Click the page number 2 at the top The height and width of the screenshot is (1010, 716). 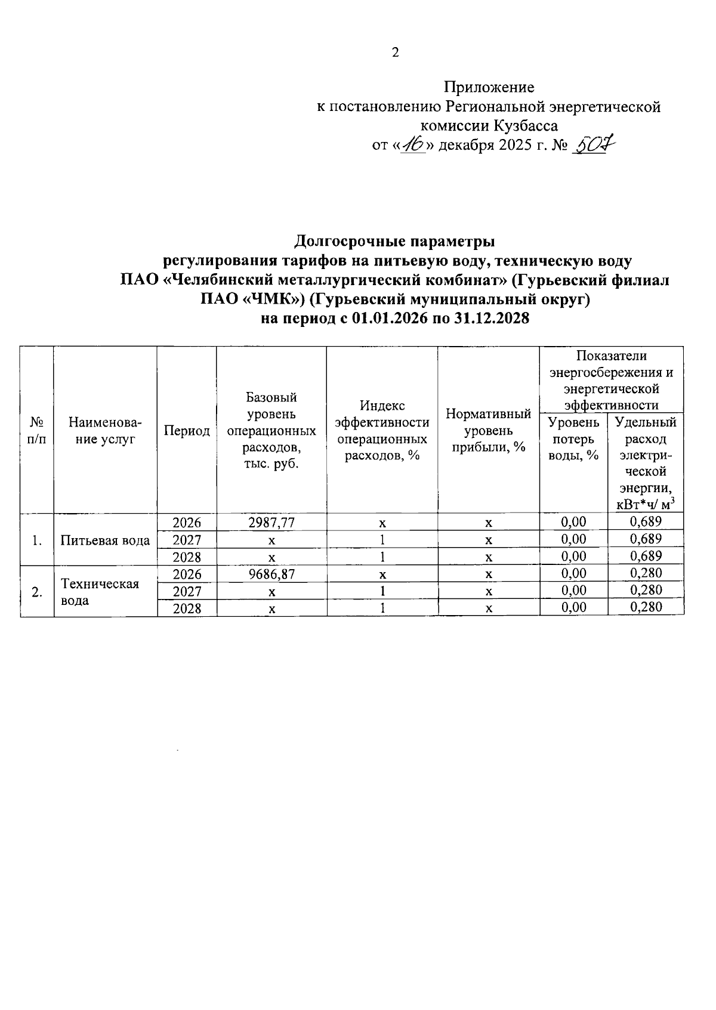point(395,53)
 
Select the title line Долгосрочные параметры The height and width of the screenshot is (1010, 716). point(394,242)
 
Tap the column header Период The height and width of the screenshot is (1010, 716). point(187,431)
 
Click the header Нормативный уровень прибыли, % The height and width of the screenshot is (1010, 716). point(488,430)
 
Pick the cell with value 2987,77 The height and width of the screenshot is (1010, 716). point(271,523)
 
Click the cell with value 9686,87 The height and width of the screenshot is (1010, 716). point(271,574)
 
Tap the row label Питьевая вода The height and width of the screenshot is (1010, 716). point(106,540)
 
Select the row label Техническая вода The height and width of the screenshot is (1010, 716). point(100,592)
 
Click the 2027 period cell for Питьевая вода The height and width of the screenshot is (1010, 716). point(187,540)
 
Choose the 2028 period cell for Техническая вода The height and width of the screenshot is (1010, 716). point(187,609)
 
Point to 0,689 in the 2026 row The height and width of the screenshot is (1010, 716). point(646,522)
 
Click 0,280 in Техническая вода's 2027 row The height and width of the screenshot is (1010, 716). point(646,591)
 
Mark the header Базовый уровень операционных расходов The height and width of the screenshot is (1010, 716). point(271,431)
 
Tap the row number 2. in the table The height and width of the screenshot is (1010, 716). point(37,592)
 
